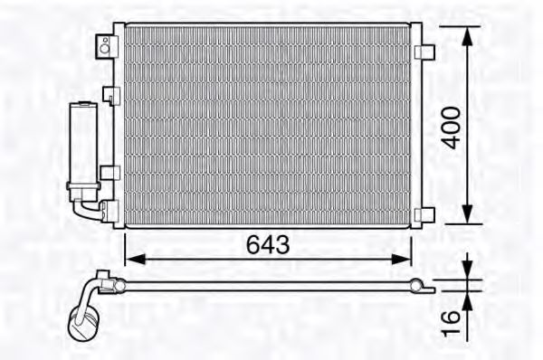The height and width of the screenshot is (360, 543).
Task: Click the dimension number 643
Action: (x=268, y=244)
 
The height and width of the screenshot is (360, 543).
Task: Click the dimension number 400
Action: (x=452, y=128)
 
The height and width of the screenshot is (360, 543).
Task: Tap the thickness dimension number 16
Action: (x=451, y=323)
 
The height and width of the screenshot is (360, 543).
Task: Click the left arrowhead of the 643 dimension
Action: (x=135, y=259)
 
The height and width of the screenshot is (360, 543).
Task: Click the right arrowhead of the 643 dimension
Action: (x=401, y=259)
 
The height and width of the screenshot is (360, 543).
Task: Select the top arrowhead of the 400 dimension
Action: (x=467, y=36)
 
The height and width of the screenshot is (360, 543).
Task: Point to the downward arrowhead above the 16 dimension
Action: (x=467, y=269)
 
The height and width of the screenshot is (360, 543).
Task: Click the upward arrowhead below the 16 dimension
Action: (x=467, y=302)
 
